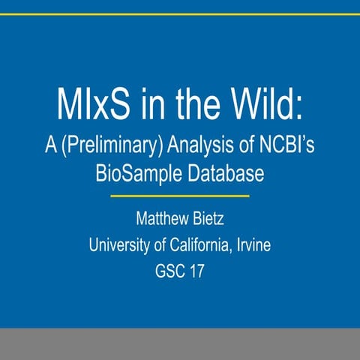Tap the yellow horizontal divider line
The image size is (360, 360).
[179, 196]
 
